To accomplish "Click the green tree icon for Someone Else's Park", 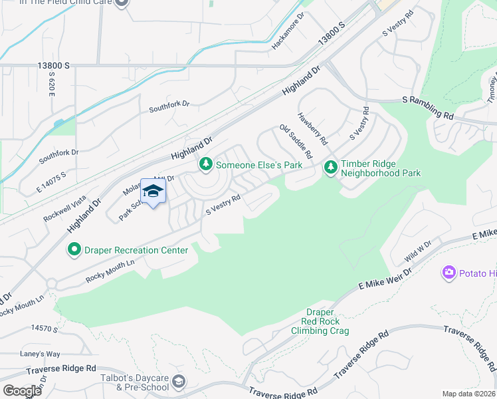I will click(x=206, y=164).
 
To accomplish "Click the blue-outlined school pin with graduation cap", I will click(x=153, y=192).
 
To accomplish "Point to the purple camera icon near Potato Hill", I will click(x=449, y=273).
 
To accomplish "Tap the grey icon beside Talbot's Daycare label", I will click(x=178, y=381).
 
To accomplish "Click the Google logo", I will click(x=22, y=390).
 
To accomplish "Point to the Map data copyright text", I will click(x=468, y=394).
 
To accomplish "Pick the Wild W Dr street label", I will click(x=418, y=253).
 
